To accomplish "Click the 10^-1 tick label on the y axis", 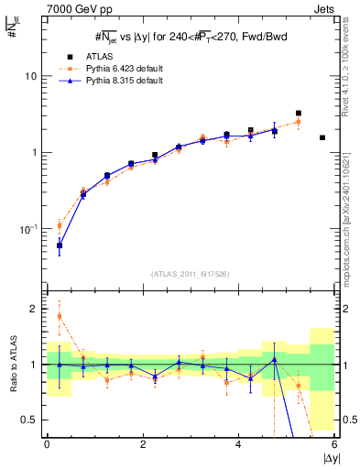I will [30, 228].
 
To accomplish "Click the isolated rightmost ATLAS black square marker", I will [322, 137].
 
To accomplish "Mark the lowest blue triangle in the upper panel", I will [60, 245].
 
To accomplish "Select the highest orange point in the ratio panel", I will [60, 316].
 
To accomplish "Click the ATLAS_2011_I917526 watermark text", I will [191, 274].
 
